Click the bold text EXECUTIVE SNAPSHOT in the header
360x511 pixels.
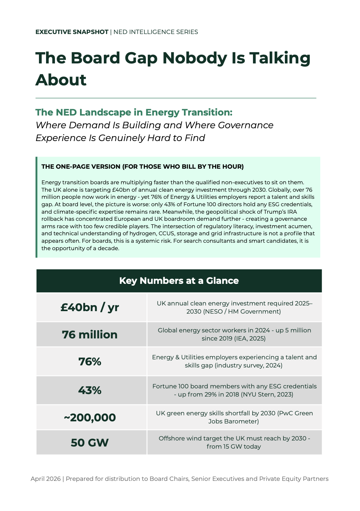[72, 32]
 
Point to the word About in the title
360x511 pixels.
[61, 80]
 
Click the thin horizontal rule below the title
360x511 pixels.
[176, 98]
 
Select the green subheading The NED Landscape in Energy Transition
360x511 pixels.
[134, 112]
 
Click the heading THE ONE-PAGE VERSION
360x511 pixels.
[142, 167]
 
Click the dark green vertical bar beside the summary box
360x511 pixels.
[36, 207]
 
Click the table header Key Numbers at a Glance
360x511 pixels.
[179, 281]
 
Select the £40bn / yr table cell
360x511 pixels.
[90, 307]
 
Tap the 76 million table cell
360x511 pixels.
[90, 335]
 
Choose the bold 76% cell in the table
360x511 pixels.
[90, 361]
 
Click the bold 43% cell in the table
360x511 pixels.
[90, 390]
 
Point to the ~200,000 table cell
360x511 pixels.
[90, 417]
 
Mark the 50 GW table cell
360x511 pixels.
[90, 443]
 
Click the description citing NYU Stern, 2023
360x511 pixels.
[234, 390]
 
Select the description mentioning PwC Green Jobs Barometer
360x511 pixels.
[234, 417]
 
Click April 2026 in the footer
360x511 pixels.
[45, 479]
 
